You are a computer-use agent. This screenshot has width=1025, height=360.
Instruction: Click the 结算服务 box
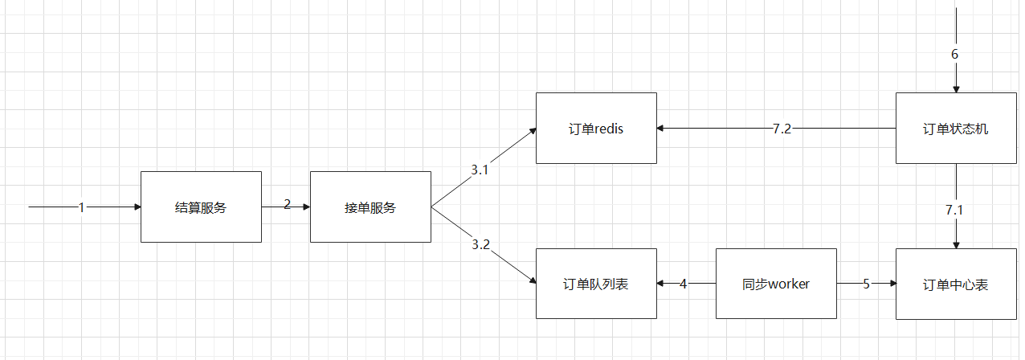(x=201, y=207)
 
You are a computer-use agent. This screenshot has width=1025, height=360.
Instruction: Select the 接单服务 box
(x=370, y=207)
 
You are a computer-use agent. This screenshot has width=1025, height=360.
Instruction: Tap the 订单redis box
(x=596, y=129)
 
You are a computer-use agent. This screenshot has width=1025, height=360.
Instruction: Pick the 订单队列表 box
(x=596, y=284)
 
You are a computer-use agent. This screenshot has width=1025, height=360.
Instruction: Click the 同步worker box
(x=776, y=284)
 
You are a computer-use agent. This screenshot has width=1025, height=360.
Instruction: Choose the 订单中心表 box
(x=956, y=284)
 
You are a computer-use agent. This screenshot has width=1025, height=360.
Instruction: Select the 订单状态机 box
(x=956, y=129)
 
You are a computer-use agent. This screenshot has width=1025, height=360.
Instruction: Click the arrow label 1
(x=81, y=207)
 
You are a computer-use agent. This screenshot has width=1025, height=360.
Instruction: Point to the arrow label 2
(x=287, y=204)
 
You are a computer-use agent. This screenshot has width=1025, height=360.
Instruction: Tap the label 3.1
(x=480, y=170)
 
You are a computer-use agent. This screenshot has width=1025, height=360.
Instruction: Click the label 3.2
(x=480, y=244)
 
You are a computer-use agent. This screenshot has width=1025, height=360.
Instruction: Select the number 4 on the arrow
(x=684, y=284)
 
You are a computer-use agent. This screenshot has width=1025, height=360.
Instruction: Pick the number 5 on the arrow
(x=866, y=284)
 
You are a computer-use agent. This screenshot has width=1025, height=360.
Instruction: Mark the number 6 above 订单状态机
(x=954, y=55)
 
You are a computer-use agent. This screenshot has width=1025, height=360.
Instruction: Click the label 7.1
(x=954, y=210)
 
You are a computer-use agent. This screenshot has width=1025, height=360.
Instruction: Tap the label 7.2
(x=782, y=129)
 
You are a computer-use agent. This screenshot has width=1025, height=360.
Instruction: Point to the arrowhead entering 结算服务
(x=136, y=207)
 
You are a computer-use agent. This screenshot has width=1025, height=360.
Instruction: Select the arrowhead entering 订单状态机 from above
(x=956, y=88)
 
